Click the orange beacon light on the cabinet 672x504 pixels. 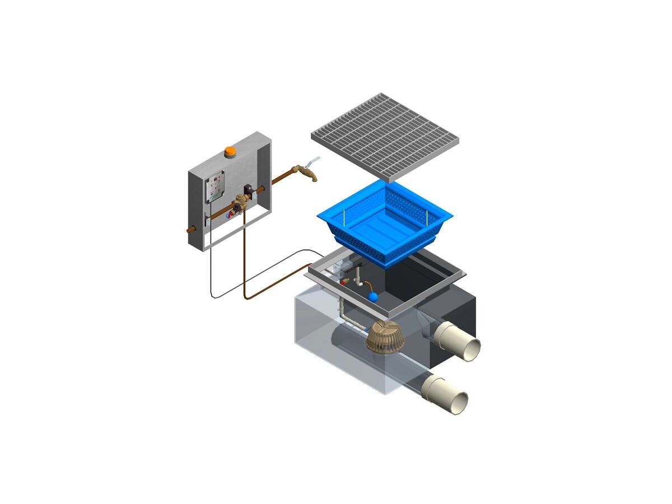[230, 151]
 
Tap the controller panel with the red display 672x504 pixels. [214, 186]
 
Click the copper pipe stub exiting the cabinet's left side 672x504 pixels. [190, 229]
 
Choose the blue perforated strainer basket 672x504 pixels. [385, 221]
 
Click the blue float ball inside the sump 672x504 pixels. [372, 296]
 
